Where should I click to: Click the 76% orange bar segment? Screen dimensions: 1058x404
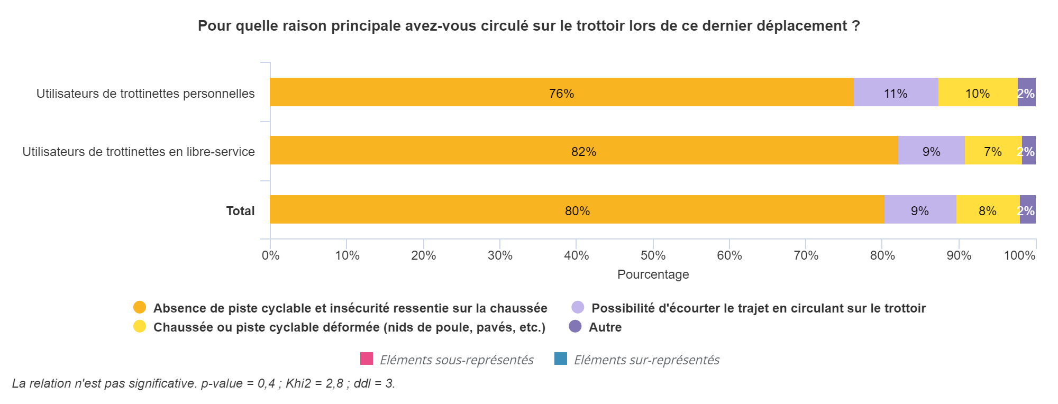pyautogui.click(x=561, y=92)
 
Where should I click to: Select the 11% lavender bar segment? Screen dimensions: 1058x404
pyautogui.click(x=896, y=92)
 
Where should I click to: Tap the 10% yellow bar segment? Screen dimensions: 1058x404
pyautogui.click(x=978, y=92)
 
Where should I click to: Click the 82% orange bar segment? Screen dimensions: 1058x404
pyautogui.click(x=584, y=150)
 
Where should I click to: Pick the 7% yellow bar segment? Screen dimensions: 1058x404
pyautogui.click(x=993, y=150)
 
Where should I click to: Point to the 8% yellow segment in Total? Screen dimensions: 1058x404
pyautogui.click(x=988, y=209)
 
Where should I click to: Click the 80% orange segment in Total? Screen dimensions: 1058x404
pyautogui.click(x=577, y=209)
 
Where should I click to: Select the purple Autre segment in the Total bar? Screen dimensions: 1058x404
pyautogui.click(x=1028, y=209)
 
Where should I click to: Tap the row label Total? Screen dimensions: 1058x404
pyautogui.click(x=240, y=211)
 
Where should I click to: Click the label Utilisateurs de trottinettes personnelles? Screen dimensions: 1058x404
pyautogui.click(x=145, y=94)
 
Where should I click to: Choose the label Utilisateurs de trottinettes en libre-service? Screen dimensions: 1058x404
pyautogui.click(x=139, y=152)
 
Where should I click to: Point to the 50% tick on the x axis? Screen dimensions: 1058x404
pyautogui.click(x=653, y=244)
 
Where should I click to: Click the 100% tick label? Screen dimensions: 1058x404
pyautogui.click(x=1019, y=255)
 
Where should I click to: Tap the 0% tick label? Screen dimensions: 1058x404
pyautogui.click(x=270, y=255)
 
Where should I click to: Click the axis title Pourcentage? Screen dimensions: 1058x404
pyautogui.click(x=653, y=274)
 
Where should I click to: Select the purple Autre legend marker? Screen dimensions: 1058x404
pyautogui.click(x=575, y=326)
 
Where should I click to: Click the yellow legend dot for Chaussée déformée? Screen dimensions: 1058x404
pyautogui.click(x=140, y=326)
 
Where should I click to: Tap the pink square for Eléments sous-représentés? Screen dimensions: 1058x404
pyautogui.click(x=367, y=359)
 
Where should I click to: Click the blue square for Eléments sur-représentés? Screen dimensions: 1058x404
pyautogui.click(x=561, y=359)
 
